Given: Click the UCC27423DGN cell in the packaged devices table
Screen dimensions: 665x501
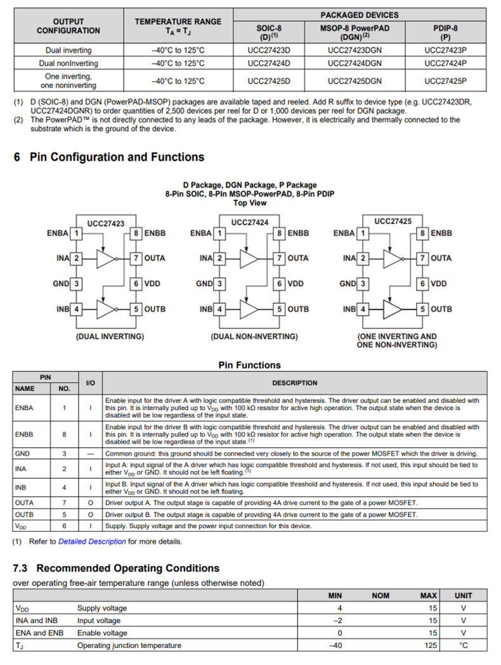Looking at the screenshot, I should (x=355, y=50).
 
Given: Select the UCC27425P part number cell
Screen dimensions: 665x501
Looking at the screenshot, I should (x=445, y=81).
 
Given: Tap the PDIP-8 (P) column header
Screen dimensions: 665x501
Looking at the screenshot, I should (x=445, y=32).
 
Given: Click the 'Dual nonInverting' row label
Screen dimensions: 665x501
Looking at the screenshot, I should (x=68, y=63).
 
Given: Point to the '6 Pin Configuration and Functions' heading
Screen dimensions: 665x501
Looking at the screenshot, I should (x=109, y=157).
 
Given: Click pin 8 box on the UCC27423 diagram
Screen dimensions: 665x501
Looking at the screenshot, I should (x=136, y=233).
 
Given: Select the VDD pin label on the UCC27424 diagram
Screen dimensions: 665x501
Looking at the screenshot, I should (x=296, y=284).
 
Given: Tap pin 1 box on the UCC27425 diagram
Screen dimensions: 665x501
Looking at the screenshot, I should (x=363, y=233).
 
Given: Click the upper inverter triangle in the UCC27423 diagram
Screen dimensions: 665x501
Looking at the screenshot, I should (x=107, y=258).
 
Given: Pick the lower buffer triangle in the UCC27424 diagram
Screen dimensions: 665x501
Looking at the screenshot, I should (x=249, y=309).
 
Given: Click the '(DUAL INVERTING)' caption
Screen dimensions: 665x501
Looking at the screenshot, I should (x=110, y=336).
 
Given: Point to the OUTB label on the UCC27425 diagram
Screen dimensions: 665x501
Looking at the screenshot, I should (x=441, y=309).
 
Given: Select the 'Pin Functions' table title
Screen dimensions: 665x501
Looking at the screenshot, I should (x=249, y=365).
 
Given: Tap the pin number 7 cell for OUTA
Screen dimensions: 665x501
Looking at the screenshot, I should (x=64, y=502).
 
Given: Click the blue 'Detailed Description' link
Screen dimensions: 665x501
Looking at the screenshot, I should (x=92, y=541).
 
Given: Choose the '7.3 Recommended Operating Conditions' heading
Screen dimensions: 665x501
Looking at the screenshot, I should (x=117, y=568).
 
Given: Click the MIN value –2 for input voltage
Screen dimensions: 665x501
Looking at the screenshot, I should (x=337, y=621).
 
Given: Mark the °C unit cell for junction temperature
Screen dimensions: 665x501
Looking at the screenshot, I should (x=463, y=645).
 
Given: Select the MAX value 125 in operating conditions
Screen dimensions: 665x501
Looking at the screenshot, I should (x=429, y=645).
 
